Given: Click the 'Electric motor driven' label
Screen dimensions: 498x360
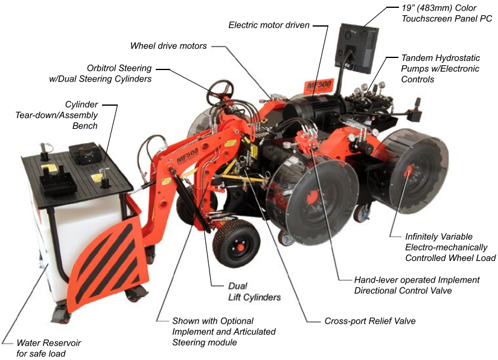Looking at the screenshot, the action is (x=269, y=25).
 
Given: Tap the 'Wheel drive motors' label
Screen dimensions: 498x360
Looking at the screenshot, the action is (x=168, y=46).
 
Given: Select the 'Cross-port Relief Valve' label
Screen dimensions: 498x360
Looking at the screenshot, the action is (x=370, y=321).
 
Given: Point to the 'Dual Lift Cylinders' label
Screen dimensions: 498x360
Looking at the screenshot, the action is (x=254, y=292).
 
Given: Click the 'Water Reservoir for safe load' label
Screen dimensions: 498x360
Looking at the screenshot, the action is (x=48, y=348).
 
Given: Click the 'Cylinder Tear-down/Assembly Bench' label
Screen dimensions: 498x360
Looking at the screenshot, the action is (x=57, y=115).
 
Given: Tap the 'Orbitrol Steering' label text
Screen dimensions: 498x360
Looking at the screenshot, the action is (x=119, y=68).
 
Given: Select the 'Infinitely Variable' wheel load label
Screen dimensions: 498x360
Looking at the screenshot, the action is (x=439, y=237).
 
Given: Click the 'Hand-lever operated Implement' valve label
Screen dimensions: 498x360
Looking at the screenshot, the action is (x=417, y=280).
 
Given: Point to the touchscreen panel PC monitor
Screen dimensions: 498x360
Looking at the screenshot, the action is (x=357, y=48).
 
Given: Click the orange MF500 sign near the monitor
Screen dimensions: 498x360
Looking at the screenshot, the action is (x=319, y=86).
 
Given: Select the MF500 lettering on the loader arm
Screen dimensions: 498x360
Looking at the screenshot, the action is (x=187, y=156).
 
